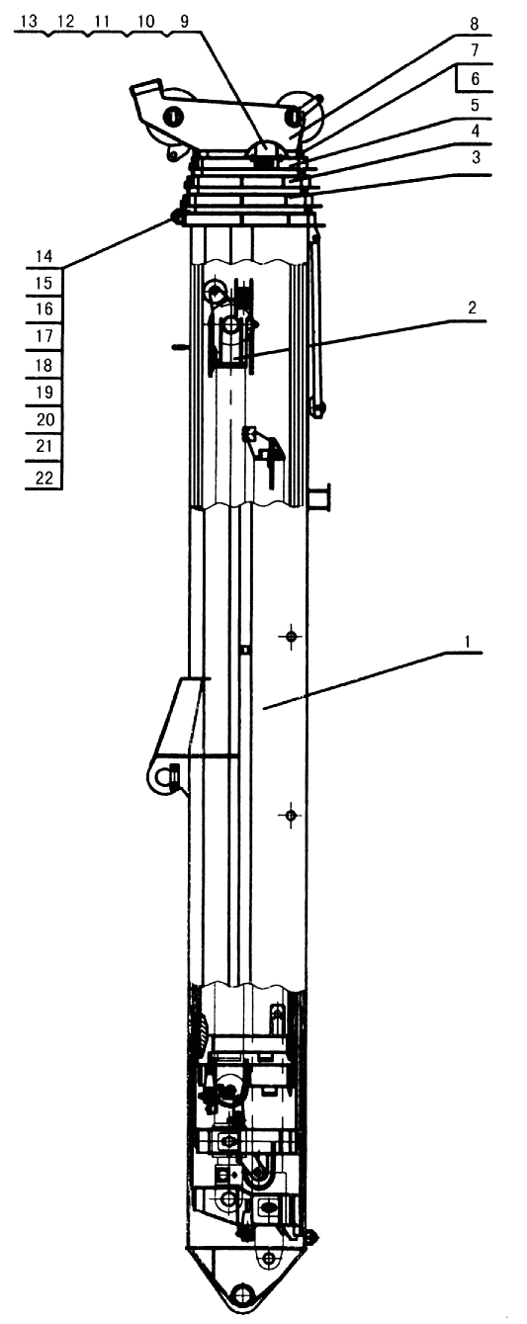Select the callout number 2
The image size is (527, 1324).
(472, 308)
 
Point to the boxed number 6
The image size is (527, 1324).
(475, 79)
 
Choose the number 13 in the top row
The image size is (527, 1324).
(29, 22)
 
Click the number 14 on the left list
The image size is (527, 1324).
(44, 256)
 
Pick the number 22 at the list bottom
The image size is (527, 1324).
(44, 478)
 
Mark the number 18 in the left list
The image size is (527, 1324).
(44, 365)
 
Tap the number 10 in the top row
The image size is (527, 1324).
(145, 22)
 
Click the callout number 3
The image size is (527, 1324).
(475, 158)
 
